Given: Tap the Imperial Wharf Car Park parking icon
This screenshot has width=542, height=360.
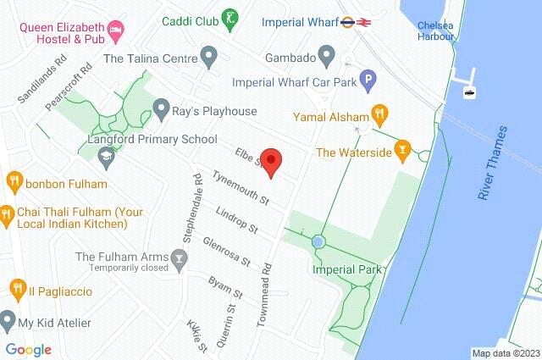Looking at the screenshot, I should pyautogui.click(x=368, y=82).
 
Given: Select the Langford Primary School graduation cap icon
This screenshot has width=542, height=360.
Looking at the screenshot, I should pyautogui.click(x=106, y=156).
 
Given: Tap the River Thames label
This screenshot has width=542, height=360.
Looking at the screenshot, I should pyautogui.click(x=492, y=163).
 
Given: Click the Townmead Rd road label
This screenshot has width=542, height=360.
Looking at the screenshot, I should pyautogui.click(x=268, y=292).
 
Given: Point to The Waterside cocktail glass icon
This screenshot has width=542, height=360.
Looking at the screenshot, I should pyautogui.click(x=403, y=152).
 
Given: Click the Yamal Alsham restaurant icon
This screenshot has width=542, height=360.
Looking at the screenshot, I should pyautogui.click(x=380, y=115).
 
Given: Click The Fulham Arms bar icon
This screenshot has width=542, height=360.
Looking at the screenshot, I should pyautogui.click(x=179, y=257).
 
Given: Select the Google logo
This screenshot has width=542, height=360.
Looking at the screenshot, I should pyautogui.click(x=28, y=350).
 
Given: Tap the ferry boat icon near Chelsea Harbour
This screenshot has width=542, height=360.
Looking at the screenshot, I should pyautogui.click(x=467, y=91).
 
